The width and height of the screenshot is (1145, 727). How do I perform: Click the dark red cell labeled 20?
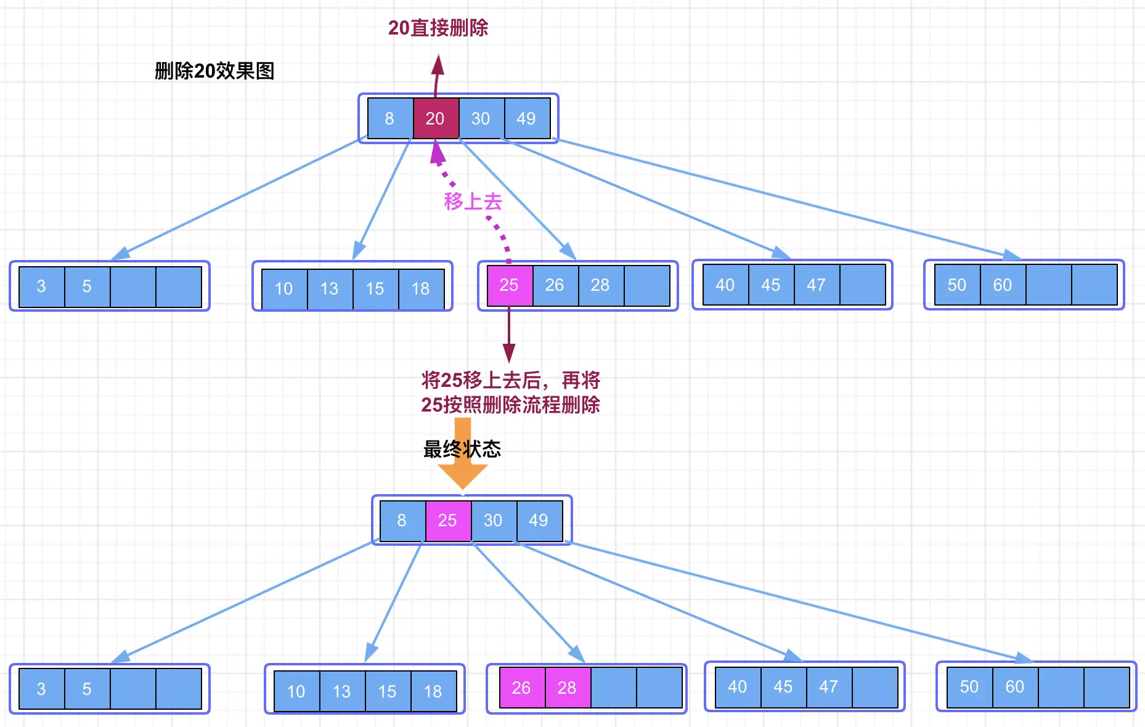tap(435, 118)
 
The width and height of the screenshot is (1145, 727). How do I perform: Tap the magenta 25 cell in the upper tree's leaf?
tap(509, 285)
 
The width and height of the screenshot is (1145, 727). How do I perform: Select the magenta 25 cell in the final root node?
tap(448, 521)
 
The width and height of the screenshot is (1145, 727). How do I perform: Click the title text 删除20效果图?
tap(214, 71)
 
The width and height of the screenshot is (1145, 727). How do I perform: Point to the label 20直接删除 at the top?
tap(438, 28)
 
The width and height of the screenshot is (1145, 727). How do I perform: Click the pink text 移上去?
tap(473, 201)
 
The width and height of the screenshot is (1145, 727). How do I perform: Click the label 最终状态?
tap(462, 449)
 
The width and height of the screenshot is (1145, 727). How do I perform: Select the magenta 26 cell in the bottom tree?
tap(521, 688)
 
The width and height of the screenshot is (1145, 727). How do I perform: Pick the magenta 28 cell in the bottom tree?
tap(567, 688)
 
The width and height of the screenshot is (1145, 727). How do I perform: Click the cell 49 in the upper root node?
tap(526, 118)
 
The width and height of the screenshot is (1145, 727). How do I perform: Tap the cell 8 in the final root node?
tap(402, 521)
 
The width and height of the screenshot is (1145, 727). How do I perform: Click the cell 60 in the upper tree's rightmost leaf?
tap(1003, 285)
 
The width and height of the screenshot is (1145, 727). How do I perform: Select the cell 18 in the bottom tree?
tap(433, 691)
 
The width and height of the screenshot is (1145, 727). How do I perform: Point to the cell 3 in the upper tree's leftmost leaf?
tap(41, 286)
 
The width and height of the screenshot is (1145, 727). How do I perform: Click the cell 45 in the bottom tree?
tap(783, 687)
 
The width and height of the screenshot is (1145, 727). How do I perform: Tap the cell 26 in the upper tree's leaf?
tap(555, 285)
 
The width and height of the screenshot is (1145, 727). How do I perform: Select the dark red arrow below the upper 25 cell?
tap(509, 336)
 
